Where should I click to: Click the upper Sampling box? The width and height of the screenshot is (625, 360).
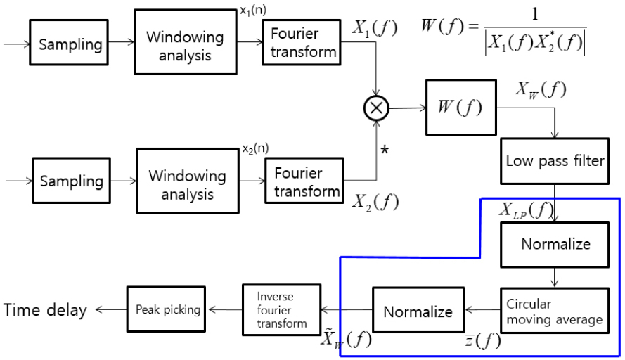click(x=69, y=42)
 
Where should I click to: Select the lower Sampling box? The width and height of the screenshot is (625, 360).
click(x=71, y=181)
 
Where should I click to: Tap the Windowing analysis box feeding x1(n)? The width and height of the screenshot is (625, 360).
click(x=186, y=42)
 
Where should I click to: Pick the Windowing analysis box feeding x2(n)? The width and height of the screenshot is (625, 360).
click(x=188, y=181)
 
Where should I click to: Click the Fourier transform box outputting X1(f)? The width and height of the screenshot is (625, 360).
click(x=302, y=42)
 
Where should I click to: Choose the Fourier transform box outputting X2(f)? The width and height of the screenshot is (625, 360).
click(x=304, y=181)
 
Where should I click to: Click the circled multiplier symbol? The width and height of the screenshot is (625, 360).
click(x=376, y=108)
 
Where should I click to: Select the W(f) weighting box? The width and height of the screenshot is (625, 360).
click(x=461, y=108)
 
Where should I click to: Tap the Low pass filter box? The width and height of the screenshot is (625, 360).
click(x=555, y=161)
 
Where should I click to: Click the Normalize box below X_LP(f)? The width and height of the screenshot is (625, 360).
click(x=555, y=245)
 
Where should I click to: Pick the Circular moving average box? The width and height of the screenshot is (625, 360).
click(x=555, y=311)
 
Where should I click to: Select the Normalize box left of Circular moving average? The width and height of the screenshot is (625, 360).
click(x=418, y=310)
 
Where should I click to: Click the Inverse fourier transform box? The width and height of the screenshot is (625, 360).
click(x=282, y=310)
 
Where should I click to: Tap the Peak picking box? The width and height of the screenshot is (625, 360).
click(x=166, y=309)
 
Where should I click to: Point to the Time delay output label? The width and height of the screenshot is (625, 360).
click(x=45, y=310)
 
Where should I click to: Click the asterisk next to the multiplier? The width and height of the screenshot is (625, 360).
click(x=385, y=150)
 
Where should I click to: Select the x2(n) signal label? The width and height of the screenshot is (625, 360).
click(x=255, y=148)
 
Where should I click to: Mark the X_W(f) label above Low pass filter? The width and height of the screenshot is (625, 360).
click(x=541, y=90)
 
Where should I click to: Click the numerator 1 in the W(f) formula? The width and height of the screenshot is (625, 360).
click(x=535, y=14)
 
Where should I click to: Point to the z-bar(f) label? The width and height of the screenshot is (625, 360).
click(x=483, y=340)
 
